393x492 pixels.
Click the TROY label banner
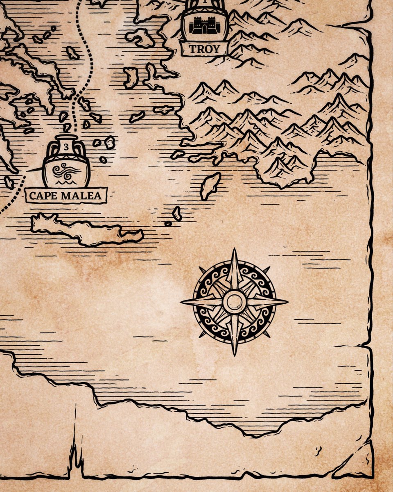click(x=204, y=49)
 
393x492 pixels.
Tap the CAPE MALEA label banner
click(x=65, y=195)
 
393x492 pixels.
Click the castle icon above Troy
click(x=204, y=25)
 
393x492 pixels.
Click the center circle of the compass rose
click(x=235, y=302)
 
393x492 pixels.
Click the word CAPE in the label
click(x=43, y=195)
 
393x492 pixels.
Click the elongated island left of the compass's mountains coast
click(x=210, y=185)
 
